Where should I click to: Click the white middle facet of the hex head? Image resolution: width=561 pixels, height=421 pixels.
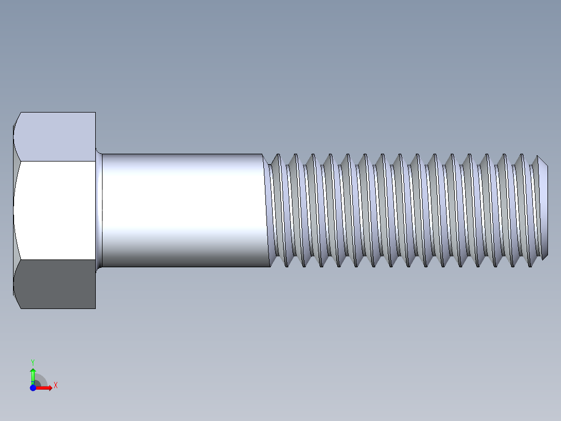click(55, 210)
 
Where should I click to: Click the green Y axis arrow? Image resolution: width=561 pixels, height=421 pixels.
click(33, 374)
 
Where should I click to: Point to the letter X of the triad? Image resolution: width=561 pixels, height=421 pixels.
click(56, 385)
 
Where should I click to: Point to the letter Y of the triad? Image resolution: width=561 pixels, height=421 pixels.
click(33, 362)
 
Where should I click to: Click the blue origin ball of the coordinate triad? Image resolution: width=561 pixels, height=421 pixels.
click(33, 388)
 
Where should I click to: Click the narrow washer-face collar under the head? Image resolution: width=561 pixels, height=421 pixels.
click(99, 210)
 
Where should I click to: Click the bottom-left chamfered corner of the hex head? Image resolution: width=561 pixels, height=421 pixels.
click(16, 298)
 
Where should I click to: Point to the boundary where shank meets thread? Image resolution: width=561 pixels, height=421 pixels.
click(266, 210)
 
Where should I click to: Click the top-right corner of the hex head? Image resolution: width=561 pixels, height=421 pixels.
click(95, 113)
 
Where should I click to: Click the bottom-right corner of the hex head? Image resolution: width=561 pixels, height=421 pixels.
click(95, 308)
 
